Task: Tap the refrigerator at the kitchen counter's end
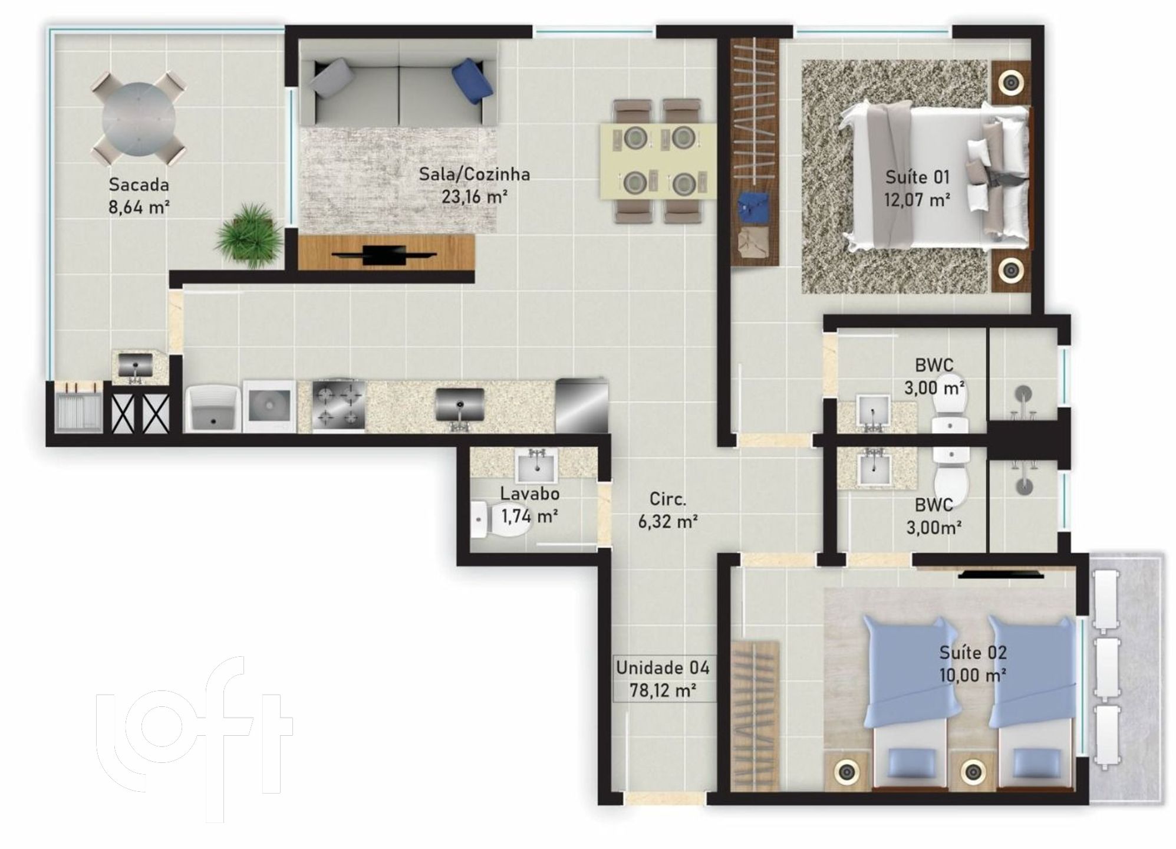581,405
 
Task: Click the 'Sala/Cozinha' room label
474,175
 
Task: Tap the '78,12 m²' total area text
663,690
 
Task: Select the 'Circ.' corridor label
668,499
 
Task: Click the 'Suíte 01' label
917,177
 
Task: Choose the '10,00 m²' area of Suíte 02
973,674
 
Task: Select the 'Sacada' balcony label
139,185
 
